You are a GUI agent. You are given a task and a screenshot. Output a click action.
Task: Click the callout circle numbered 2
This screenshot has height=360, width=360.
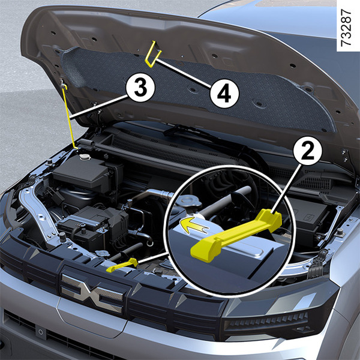click(308, 151)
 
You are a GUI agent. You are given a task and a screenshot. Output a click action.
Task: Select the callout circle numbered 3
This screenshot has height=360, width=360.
click(140, 88)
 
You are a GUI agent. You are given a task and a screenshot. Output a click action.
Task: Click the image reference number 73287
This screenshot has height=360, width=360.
click(346, 28)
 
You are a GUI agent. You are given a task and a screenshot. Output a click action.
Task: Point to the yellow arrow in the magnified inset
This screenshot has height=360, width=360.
click(193, 226)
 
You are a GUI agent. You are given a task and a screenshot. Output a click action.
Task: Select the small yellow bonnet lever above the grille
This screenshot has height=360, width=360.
click(122, 265)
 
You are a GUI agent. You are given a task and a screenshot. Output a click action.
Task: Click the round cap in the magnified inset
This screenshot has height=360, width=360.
click(189, 200)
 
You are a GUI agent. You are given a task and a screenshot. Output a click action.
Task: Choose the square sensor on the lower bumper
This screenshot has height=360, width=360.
click(41, 332)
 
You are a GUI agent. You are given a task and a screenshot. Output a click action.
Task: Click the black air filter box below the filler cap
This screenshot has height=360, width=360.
click(86, 175)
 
